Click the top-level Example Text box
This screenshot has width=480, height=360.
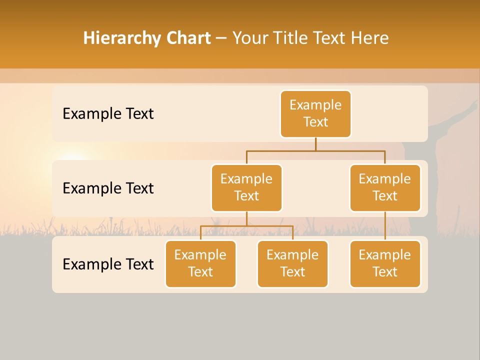pyautogui.click(x=315, y=114)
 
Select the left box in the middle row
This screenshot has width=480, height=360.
pyautogui.click(x=246, y=188)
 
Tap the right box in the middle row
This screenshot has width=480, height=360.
pyautogui.click(x=385, y=188)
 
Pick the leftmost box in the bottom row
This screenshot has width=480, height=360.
pyautogui.click(x=200, y=264)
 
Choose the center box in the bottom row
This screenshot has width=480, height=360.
pyautogui.click(x=292, y=264)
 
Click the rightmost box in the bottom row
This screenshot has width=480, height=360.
pyautogui.click(x=385, y=264)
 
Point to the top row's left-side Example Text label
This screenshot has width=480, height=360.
pyautogui.click(x=108, y=114)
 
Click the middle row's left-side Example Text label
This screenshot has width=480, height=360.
pyautogui.click(x=108, y=188)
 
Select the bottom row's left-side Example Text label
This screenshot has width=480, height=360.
pyautogui.click(x=108, y=264)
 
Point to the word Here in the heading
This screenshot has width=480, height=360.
pyautogui.click(x=370, y=38)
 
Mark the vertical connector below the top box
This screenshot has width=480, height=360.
pyautogui.click(x=315, y=144)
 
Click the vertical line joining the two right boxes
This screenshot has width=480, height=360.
pyautogui.click(x=385, y=226)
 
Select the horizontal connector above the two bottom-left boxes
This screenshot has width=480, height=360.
pyautogui.click(x=246, y=226)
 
